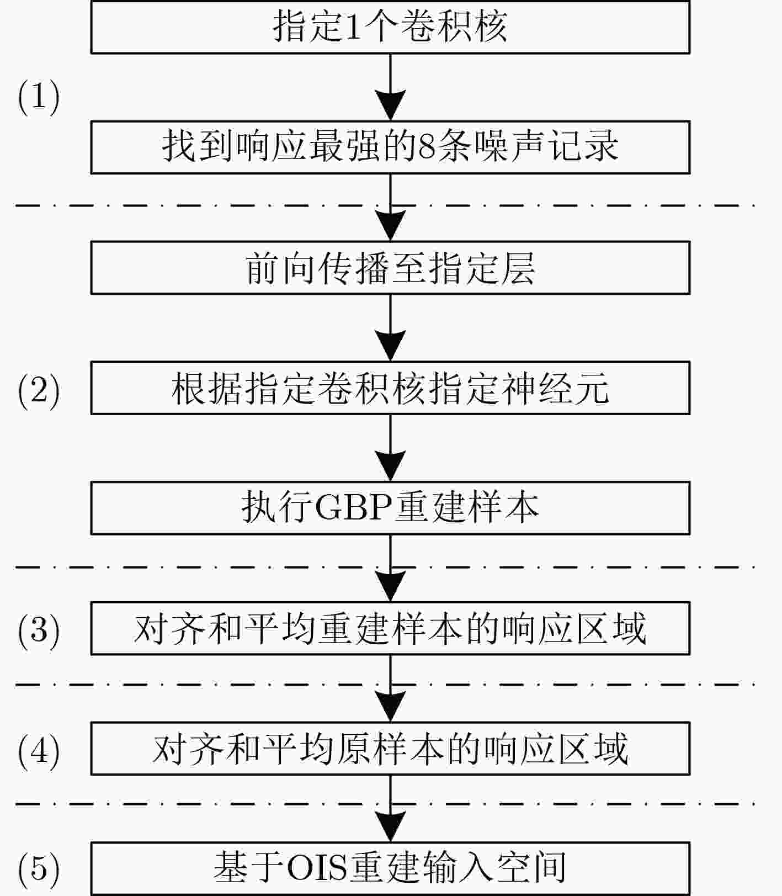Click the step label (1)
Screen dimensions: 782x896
pyautogui.click(x=39, y=97)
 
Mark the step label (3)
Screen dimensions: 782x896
pyautogui.click(x=39, y=630)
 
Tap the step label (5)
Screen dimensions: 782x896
pyautogui.click(x=39, y=869)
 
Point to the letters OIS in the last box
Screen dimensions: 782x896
pyautogui.click(x=316, y=868)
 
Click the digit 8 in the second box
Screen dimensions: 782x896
pyautogui.click(x=426, y=147)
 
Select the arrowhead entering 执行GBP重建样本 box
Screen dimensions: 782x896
pyautogui.click(x=390, y=466)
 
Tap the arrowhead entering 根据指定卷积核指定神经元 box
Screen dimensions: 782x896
pyautogui.click(x=390, y=346)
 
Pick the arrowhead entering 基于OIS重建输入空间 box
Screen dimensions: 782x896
pyautogui.click(x=390, y=827)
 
